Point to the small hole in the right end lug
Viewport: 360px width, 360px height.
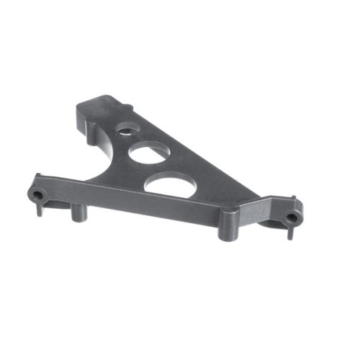291,217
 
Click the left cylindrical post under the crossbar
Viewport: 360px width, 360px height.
77,213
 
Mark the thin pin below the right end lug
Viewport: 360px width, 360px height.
290,233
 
